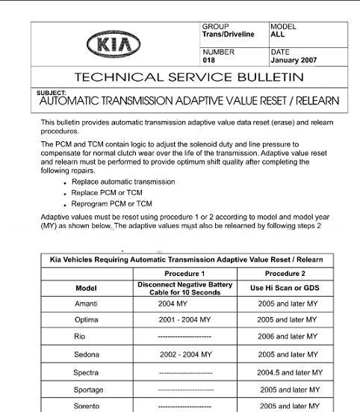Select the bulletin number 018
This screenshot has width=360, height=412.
click(x=208, y=60)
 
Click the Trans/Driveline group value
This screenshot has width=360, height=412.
click(x=228, y=34)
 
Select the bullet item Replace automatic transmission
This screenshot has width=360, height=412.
click(x=123, y=182)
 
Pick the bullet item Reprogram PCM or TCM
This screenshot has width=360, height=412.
click(x=112, y=203)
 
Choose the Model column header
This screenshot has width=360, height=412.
click(x=87, y=288)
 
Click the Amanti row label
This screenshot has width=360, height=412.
click(x=87, y=304)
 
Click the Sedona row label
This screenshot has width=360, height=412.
click(x=87, y=354)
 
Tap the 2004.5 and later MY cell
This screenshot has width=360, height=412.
click(x=289, y=372)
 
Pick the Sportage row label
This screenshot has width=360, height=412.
click(x=88, y=390)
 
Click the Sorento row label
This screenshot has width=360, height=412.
click(x=87, y=406)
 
